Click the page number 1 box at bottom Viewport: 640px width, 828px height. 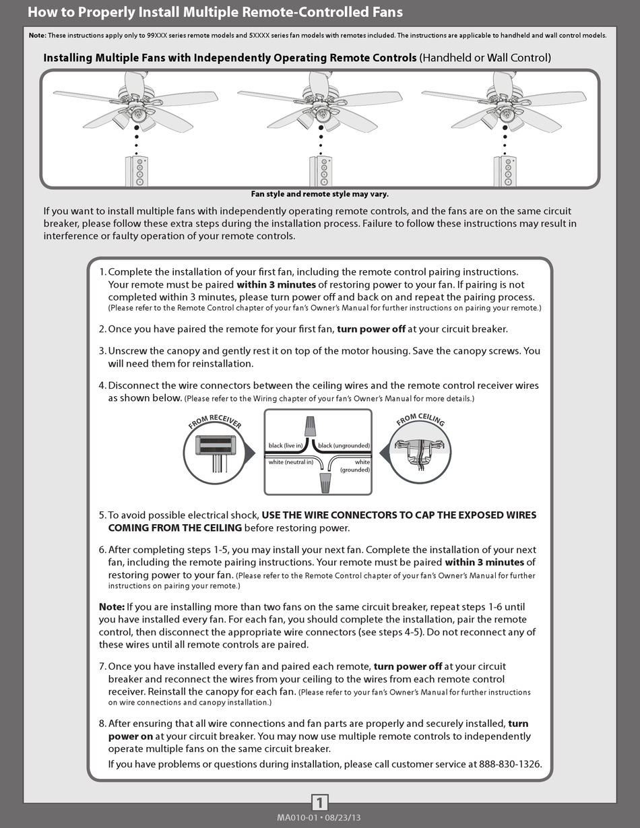coord(320,802)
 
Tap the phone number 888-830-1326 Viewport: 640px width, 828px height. coord(510,764)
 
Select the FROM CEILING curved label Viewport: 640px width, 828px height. coord(420,420)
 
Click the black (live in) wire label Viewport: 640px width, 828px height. coord(286,446)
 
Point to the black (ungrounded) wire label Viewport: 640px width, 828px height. coord(344,446)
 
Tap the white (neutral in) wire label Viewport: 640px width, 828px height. coord(290,462)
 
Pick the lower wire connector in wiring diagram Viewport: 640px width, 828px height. coord(325,481)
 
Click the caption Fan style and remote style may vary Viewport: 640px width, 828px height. coord(319,194)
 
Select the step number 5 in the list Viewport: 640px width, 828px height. coord(102,515)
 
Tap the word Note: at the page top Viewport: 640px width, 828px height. coord(38,35)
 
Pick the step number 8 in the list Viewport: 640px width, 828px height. coord(102,724)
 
